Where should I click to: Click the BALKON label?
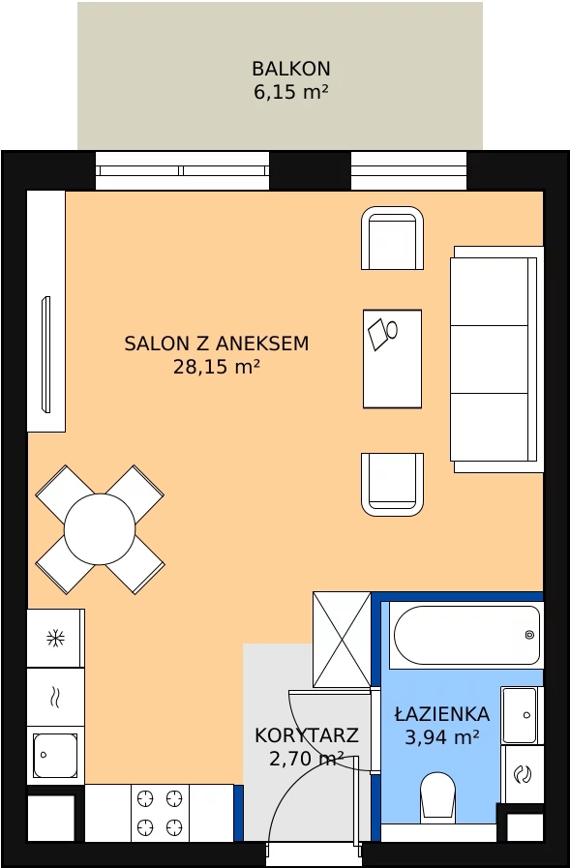[291, 69]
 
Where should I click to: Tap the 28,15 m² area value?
[217, 367]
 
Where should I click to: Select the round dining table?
[100, 529]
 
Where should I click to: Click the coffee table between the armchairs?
[392, 359]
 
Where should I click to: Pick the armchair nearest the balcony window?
[392, 238]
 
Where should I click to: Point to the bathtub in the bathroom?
[466, 635]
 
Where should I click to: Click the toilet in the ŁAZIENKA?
[437, 794]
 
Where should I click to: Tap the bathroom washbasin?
[520, 715]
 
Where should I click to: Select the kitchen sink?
[55, 755]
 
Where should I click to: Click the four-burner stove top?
[160, 813]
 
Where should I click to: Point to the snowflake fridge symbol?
[55, 639]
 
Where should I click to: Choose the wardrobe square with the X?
[342, 640]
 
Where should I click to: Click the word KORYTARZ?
[307, 735]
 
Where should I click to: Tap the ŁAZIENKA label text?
[442, 713]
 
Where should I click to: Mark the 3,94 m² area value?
[442, 737]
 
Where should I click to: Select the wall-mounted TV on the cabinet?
[46, 354]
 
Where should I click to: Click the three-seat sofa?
[496, 359]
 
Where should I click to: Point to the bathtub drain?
[530, 635]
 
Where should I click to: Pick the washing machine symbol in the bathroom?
[523, 774]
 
